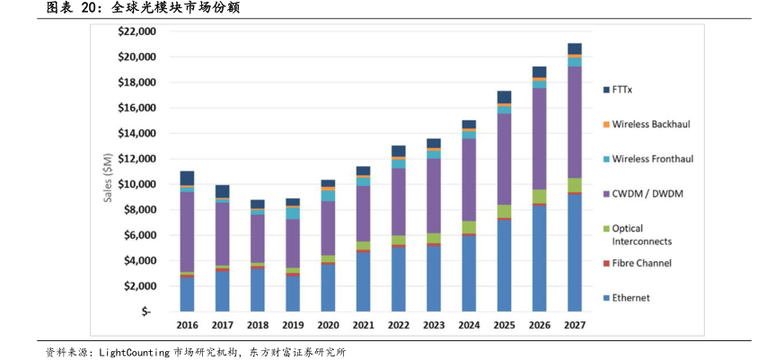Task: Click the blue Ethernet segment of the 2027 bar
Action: click(574, 251)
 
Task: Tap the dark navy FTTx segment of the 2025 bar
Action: click(504, 97)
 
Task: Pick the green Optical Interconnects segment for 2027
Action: click(574, 185)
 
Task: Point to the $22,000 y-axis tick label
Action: click(137, 31)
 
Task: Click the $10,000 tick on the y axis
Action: click(137, 184)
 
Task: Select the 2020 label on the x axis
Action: click(328, 325)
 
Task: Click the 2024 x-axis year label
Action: click(468, 325)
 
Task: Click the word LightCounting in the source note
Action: click(133, 352)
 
